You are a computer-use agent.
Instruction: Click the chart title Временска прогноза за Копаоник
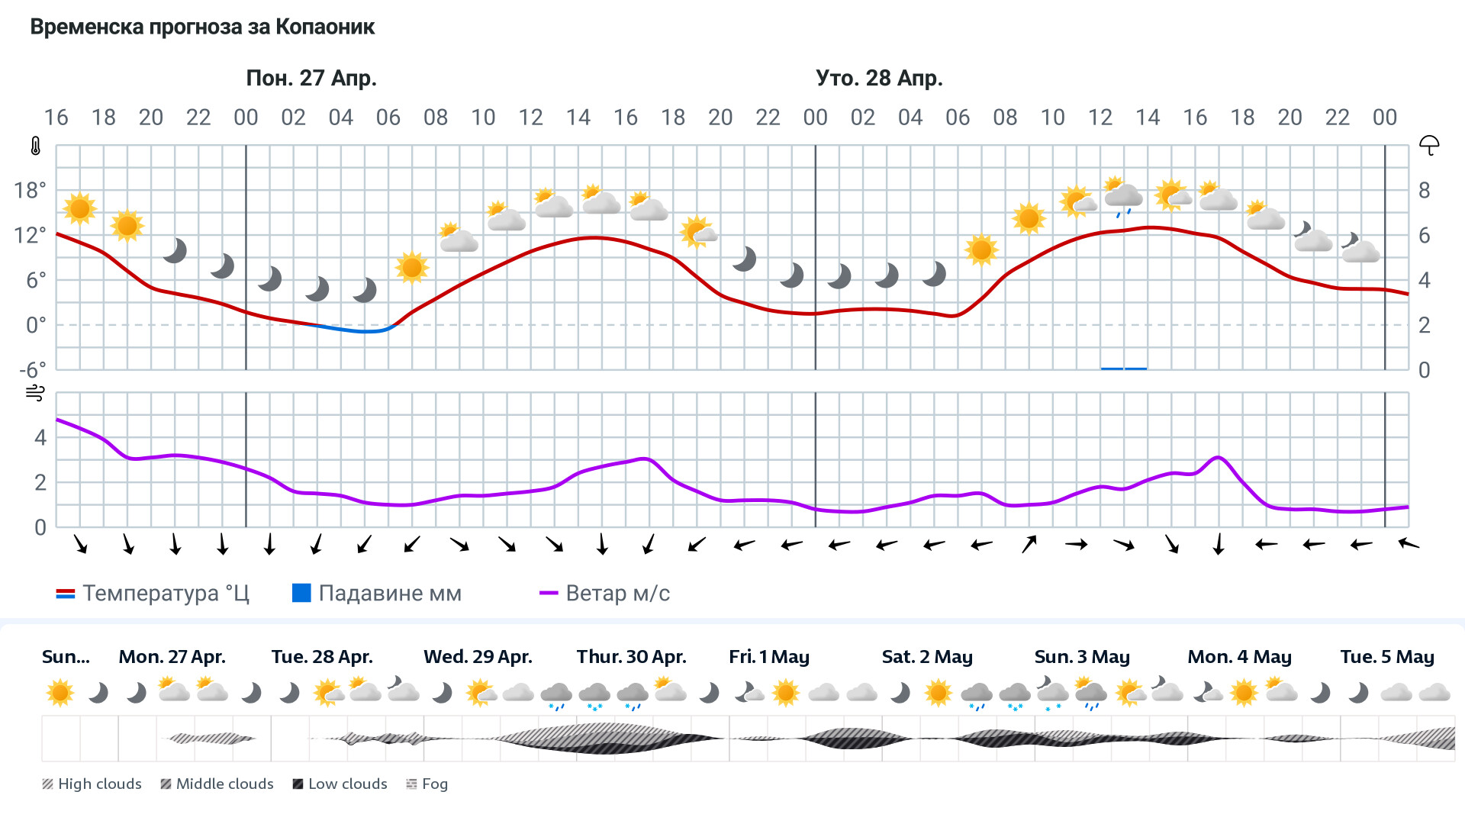(202, 27)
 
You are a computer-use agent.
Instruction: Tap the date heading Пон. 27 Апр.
(311, 78)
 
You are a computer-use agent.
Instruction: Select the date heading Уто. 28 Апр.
(879, 78)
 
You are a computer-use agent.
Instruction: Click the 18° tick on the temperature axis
(31, 190)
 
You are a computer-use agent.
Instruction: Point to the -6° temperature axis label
(32, 370)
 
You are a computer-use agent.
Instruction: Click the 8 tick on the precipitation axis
(1424, 190)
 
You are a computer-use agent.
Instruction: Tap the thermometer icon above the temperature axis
(35, 146)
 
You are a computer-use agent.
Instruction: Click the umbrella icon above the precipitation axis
(1429, 145)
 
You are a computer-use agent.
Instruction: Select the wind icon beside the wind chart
(35, 393)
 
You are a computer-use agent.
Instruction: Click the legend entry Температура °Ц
(153, 594)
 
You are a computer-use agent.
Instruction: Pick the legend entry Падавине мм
(377, 594)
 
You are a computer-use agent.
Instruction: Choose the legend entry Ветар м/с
(604, 594)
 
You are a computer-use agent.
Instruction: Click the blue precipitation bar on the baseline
(1123, 369)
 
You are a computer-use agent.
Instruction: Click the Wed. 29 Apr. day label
(478, 657)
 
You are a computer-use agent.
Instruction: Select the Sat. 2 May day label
(927, 657)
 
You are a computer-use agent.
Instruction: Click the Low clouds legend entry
(340, 784)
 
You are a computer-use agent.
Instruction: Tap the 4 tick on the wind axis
(40, 437)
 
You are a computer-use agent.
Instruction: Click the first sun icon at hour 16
(79, 208)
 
